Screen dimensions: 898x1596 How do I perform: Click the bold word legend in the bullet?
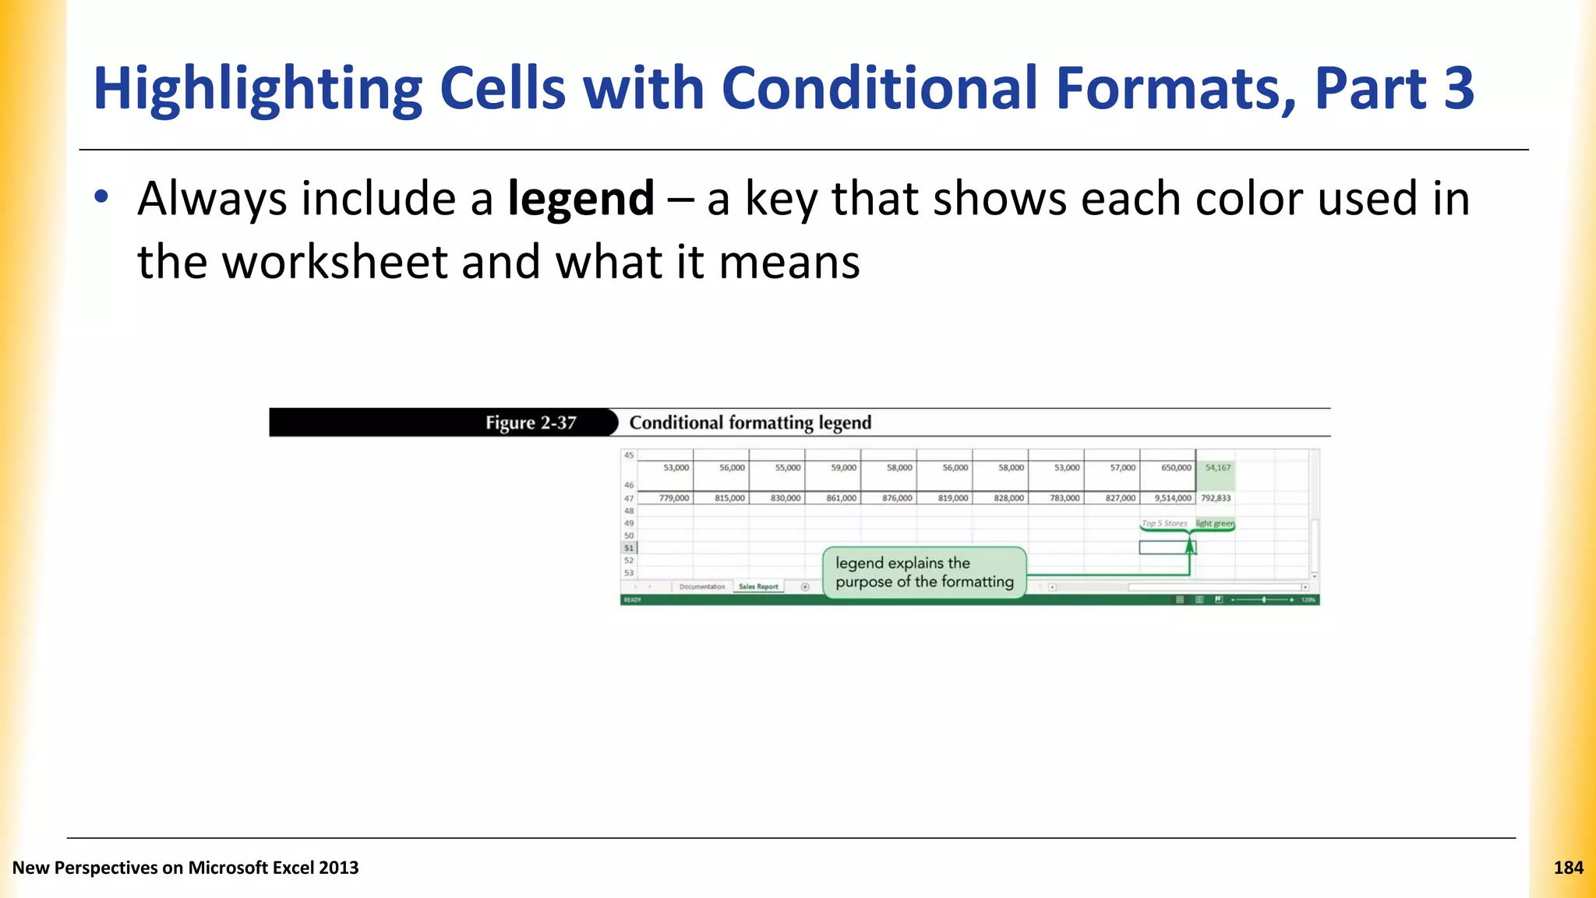581,200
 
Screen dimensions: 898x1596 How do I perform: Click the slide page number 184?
1568,868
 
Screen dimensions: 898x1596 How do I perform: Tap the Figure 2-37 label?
531,422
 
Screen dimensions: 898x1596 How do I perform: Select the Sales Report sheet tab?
758,586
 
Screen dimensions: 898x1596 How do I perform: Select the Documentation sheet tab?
701,586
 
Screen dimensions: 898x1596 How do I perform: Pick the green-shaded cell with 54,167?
1217,468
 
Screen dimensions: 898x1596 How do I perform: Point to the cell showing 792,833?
1216,498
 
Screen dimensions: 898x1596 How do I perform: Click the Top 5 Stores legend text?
1164,523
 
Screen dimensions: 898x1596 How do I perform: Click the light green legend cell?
1215,523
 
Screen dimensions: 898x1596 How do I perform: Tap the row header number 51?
629,548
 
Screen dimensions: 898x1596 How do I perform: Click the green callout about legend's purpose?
924,573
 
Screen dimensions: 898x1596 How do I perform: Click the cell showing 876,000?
896,498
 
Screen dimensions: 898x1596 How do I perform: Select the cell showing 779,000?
673,498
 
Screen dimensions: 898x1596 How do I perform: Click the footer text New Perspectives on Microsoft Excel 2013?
185,868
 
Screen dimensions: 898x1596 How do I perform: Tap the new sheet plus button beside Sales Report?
805,587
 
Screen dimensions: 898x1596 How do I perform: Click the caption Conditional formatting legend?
750,422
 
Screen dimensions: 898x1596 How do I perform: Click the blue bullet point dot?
101,196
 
